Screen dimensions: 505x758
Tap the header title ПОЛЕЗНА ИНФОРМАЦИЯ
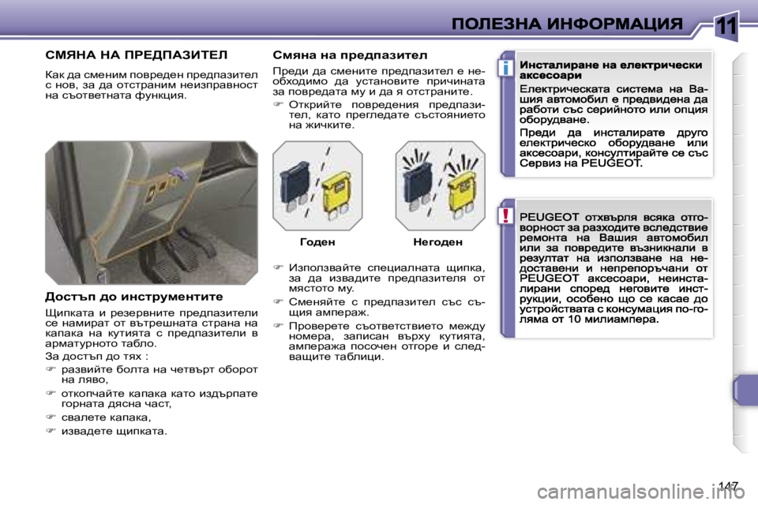[x=568, y=24]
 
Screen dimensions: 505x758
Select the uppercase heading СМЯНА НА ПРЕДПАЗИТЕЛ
[x=135, y=55]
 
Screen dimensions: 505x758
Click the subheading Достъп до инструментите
[x=133, y=297]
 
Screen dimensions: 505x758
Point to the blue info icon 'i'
[x=502, y=69]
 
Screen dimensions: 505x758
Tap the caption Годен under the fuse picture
[x=317, y=242]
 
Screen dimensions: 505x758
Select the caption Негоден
[x=437, y=242]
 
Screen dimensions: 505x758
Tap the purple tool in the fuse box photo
[x=180, y=172]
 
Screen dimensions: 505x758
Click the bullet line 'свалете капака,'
[x=105, y=417]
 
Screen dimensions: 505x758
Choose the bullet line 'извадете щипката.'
[x=114, y=431]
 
